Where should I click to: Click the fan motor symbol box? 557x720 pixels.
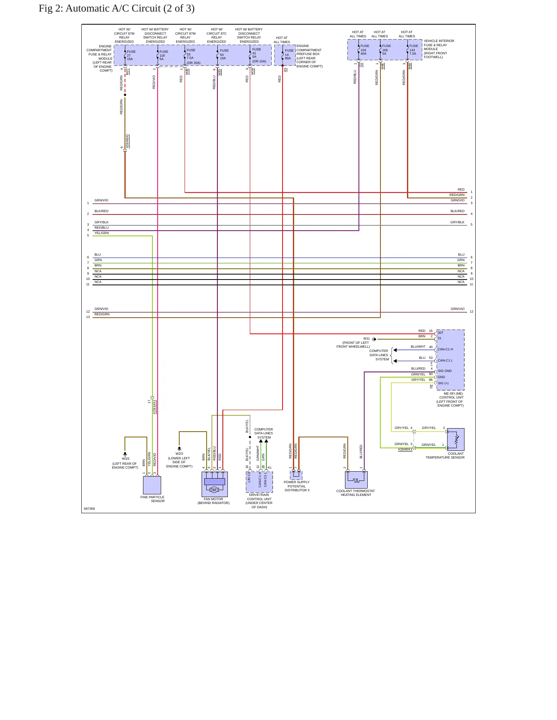[x=214, y=484]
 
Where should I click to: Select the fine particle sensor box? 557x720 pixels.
[x=152, y=485]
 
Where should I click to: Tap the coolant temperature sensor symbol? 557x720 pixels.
[x=456, y=439]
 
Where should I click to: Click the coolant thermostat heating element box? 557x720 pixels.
[x=356, y=480]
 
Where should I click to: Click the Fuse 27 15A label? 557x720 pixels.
[x=131, y=55]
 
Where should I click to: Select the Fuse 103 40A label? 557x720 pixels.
[x=365, y=50]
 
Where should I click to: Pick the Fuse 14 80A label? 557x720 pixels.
[x=289, y=54]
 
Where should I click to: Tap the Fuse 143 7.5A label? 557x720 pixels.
[x=414, y=50]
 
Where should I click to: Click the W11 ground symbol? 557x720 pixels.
[x=374, y=339]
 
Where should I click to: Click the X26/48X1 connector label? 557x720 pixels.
[x=127, y=141]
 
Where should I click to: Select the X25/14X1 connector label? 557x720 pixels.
[x=154, y=407]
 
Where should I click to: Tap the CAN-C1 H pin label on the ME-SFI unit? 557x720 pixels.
[x=445, y=349]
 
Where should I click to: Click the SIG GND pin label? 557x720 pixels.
[x=445, y=371]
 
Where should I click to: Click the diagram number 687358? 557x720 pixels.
[x=89, y=509]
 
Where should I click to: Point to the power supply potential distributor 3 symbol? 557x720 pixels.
[x=296, y=475]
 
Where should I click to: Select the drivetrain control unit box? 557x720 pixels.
[x=259, y=482]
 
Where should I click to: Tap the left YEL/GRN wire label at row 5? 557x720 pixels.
[x=102, y=233]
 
